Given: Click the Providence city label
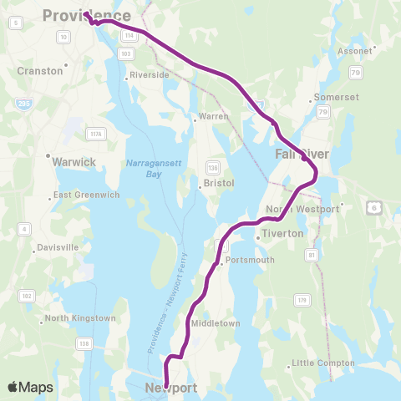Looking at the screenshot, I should (x=86, y=15).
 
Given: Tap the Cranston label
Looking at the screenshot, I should (x=40, y=71).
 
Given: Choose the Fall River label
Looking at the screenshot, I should (x=302, y=155).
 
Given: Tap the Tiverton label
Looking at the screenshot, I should (x=282, y=234).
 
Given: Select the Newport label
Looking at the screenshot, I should (x=170, y=388).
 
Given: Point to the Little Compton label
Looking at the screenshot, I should (x=322, y=363).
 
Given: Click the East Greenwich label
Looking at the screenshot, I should (x=86, y=195).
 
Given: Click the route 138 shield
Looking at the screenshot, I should (x=84, y=343).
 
